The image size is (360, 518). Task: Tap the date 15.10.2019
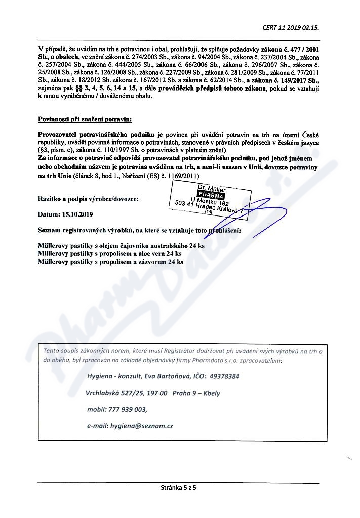(74, 214)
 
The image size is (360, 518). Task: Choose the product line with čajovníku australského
(121, 246)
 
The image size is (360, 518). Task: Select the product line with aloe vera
(109, 254)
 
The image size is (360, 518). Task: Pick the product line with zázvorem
(110, 262)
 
